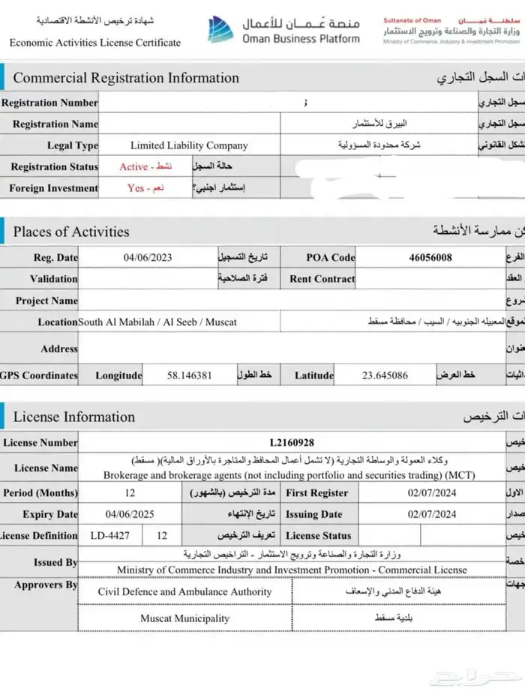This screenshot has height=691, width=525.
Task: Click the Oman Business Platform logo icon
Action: [221, 30]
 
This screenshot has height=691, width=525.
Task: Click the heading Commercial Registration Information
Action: [126, 78]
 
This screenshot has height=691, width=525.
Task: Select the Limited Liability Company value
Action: [189, 145]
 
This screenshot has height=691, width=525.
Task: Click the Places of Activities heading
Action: [71, 232]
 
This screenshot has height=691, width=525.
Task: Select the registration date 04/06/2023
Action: [148, 257]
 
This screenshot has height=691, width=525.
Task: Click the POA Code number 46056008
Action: [430, 257]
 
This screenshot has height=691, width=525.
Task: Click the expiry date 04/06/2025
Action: [129, 514]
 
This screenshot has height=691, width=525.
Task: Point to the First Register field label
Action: [317, 492]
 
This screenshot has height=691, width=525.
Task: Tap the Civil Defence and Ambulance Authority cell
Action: [184, 591]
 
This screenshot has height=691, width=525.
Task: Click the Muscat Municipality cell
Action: [184, 618]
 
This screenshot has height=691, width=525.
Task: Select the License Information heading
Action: [74, 417]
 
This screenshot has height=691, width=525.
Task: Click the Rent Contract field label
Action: [322, 279]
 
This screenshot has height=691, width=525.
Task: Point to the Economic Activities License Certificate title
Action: [95, 43]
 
